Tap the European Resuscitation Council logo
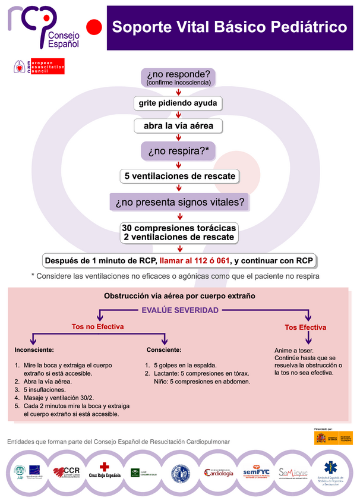click(x=39, y=67)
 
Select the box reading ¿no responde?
click(x=178, y=77)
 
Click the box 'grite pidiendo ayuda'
click(x=178, y=103)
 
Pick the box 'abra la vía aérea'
click(x=178, y=126)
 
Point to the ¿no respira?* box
click(x=178, y=151)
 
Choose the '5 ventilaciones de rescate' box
click(x=178, y=176)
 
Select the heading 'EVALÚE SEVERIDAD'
click(x=179, y=310)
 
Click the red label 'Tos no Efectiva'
click(x=97, y=326)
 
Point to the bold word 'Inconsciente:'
click(x=34, y=349)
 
